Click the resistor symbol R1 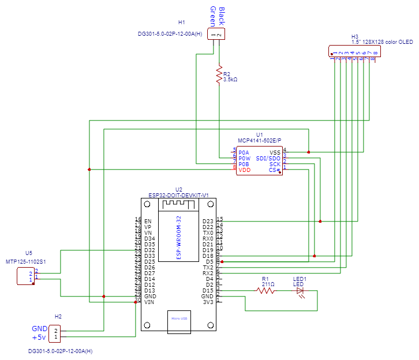point(265,291)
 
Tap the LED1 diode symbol point(300,291)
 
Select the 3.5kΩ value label point(230,80)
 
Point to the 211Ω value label point(268,284)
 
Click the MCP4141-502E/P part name point(259,140)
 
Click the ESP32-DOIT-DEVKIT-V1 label point(178,195)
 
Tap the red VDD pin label point(245,170)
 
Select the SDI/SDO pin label point(268,159)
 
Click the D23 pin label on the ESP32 point(208,221)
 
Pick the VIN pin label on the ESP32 point(149,302)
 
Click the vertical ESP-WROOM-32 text point(179,237)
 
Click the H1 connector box point(216,35)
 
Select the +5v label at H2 point(39,337)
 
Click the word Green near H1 point(213,16)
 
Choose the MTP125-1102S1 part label point(25,262)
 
